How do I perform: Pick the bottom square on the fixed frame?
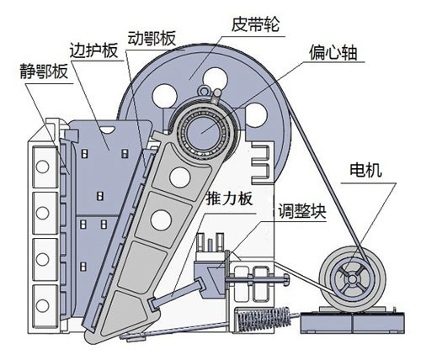(40, 298)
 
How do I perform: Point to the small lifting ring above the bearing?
(216, 89)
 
